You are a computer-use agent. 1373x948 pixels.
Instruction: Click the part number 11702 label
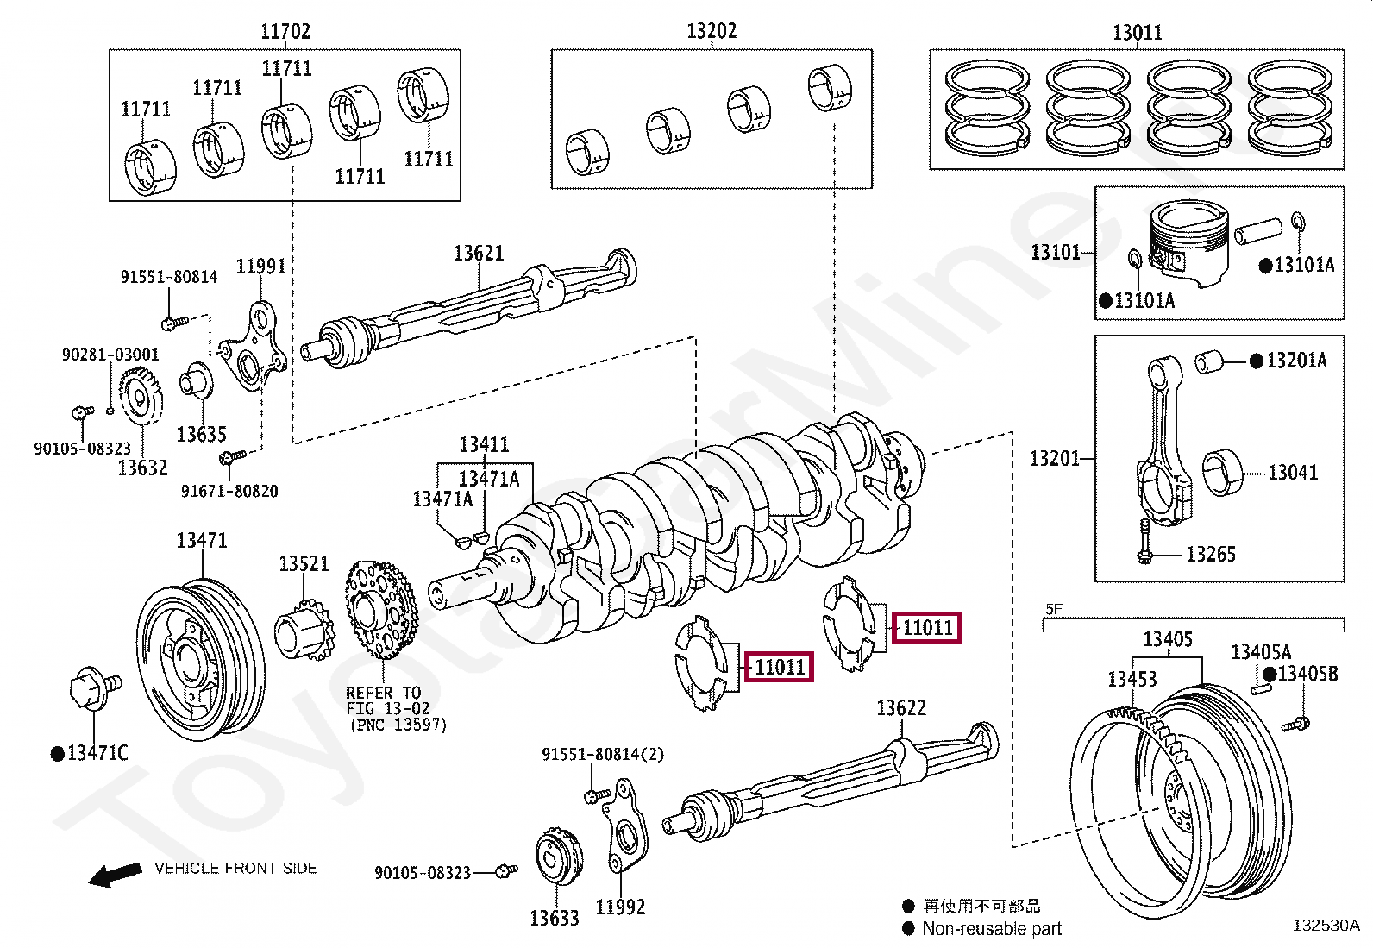[285, 33]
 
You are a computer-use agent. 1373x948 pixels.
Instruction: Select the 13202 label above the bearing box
[712, 32]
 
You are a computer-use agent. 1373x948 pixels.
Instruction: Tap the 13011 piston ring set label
[1137, 34]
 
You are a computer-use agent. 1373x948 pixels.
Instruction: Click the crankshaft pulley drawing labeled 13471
[199, 657]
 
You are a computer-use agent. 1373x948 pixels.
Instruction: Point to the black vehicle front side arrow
[115, 875]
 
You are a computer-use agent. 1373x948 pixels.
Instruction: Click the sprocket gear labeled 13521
[303, 634]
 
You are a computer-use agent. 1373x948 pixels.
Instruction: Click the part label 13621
[479, 254]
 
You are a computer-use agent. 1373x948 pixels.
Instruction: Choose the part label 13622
[900, 708]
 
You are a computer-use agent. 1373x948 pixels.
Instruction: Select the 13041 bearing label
[1292, 473]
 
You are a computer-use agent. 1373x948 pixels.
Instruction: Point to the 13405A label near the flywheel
[1260, 653]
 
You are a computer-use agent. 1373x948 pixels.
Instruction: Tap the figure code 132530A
[1325, 926]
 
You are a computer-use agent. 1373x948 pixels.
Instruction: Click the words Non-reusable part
[991, 929]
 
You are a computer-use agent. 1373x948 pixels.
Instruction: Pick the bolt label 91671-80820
[229, 491]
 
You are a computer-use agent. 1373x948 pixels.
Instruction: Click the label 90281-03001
[110, 355]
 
